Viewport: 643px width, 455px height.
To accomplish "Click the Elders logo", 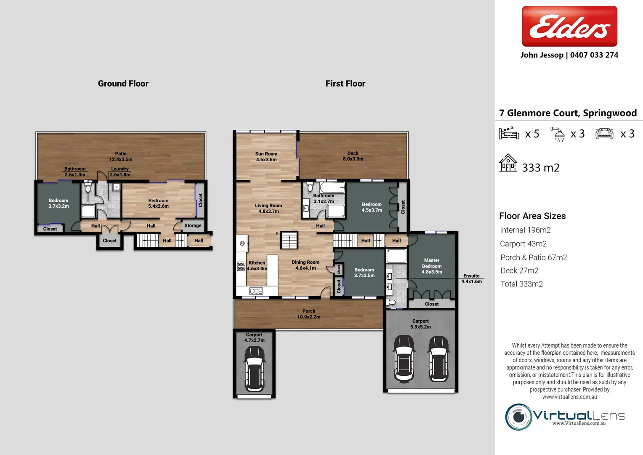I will [x=569, y=26].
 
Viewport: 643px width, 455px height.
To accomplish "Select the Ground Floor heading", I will [x=123, y=83].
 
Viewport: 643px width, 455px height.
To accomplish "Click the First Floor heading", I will [x=345, y=83].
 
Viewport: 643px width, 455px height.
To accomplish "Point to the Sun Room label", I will [x=266, y=157].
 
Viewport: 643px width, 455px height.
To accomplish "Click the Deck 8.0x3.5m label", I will [x=353, y=156].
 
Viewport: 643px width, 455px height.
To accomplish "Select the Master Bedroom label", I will [x=432, y=266].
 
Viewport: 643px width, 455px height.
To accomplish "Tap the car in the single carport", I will [x=255, y=368].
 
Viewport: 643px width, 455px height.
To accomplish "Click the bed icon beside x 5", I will [x=509, y=133].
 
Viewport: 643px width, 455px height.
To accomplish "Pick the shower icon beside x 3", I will [x=559, y=134].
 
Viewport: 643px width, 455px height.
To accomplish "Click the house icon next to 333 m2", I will [x=508, y=163].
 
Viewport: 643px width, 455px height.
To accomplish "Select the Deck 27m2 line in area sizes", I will [x=519, y=270].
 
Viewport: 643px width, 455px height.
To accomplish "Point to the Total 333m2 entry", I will [x=521, y=284].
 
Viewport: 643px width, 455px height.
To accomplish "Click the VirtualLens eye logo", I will [x=518, y=417].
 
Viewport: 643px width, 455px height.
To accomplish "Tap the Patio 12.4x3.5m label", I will [x=121, y=157].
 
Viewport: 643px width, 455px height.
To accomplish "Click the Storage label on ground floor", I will [x=193, y=225].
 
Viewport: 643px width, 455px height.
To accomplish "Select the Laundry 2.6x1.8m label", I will [x=120, y=171].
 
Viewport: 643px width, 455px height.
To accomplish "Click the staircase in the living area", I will [x=289, y=240].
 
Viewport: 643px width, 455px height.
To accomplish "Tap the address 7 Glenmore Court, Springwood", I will [x=568, y=113].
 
